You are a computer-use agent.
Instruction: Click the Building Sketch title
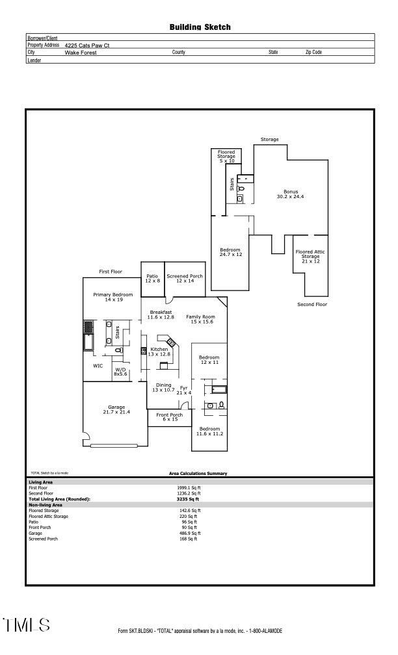click(x=200, y=27)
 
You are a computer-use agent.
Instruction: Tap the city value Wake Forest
click(x=81, y=53)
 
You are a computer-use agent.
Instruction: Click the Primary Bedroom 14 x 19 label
click(x=113, y=297)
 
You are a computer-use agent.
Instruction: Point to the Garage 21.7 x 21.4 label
click(x=116, y=409)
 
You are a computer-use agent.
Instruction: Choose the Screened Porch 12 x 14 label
click(x=185, y=278)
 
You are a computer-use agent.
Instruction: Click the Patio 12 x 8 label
click(x=152, y=278)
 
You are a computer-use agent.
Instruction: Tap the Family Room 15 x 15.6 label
click(x=200, y=319)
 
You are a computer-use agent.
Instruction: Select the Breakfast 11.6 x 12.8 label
click(x=161, y=315)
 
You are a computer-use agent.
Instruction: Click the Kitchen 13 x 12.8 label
click(x=159, y=352)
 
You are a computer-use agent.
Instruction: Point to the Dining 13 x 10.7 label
click(x=163, y=387)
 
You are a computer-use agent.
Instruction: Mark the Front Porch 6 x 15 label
click(x=169, y=417)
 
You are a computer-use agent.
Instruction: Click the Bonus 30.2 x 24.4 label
click(x=291, y=194)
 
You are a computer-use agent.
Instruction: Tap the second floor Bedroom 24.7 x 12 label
click(x=230, y=252)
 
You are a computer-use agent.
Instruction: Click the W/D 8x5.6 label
click(x=120, y=372)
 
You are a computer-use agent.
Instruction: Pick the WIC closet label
click(x=98, y=366)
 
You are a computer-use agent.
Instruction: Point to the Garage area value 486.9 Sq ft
click(x=190, y=533)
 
